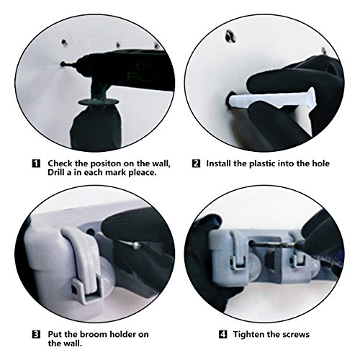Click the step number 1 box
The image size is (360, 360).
36,163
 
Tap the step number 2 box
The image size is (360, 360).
196,163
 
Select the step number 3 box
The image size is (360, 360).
36,334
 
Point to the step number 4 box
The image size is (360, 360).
223,334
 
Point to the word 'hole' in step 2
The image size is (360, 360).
320,163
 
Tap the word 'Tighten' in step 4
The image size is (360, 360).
248,335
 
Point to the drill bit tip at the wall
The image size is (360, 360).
63,64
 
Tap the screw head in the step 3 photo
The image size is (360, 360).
136,245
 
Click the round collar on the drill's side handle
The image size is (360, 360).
99,102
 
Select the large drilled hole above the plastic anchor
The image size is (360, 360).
230,36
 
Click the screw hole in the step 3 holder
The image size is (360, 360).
90,232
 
